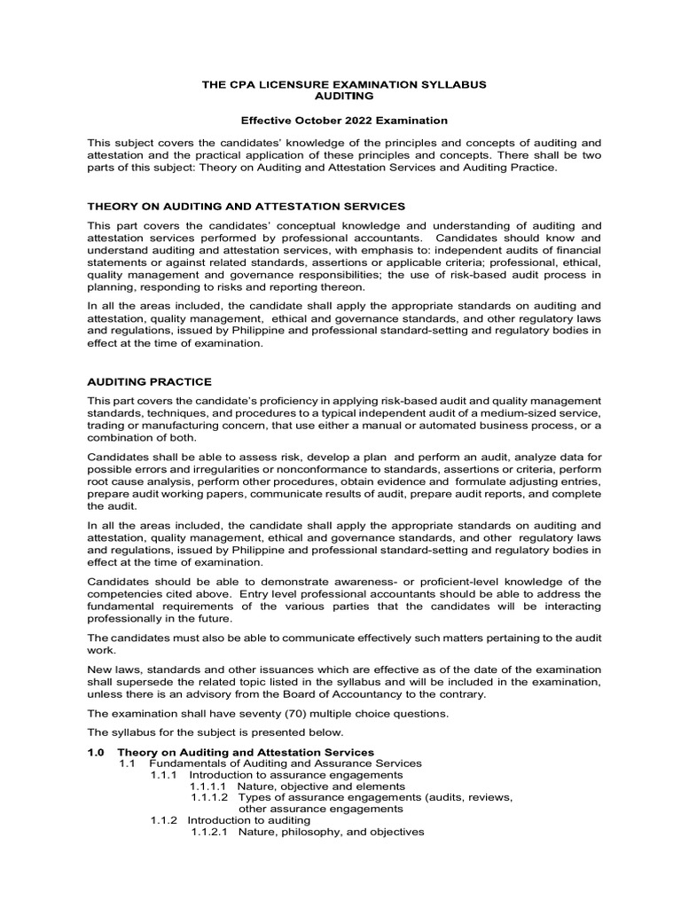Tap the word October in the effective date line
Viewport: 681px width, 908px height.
pos(307,120)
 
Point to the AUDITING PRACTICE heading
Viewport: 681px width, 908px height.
pos(150,381)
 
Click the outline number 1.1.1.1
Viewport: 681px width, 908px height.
pos(209,786)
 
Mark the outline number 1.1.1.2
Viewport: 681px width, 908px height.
pos(209,797)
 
